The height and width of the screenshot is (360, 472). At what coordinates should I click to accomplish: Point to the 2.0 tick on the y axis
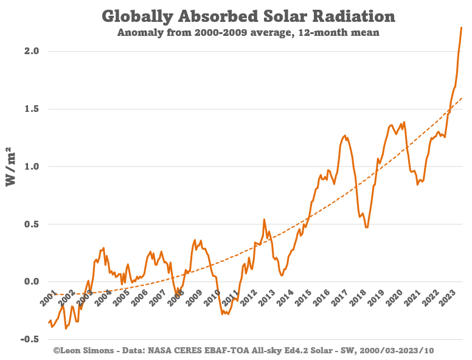[x=32, y=52]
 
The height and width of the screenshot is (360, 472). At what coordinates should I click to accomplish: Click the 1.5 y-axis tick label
[x=32, y=109]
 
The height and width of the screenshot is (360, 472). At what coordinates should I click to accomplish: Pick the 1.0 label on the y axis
[x=32, y=167]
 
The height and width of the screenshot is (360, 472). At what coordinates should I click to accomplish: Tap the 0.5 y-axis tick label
[x=32, y=224]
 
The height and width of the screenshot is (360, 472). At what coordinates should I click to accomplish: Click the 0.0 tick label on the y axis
[x=32, y=282]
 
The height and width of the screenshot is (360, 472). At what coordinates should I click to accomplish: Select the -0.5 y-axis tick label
[x=29, y=339]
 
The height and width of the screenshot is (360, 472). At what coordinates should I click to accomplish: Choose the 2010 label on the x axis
[x=212, y=299]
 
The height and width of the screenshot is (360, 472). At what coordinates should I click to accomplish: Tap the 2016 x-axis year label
[x=322, y=299]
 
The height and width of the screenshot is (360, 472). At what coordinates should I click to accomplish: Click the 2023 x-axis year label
[x=449, y=299]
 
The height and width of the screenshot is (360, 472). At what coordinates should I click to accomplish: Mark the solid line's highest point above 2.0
[x=462, y=27]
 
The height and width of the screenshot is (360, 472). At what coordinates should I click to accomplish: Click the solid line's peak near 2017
[x=345, y=136]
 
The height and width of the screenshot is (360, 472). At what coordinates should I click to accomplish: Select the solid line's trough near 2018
[x=366, y=227]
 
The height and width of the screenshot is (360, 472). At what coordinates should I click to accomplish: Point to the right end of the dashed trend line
[x=462, y=98]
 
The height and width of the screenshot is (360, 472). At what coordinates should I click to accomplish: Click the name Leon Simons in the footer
[x=82, y=351]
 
